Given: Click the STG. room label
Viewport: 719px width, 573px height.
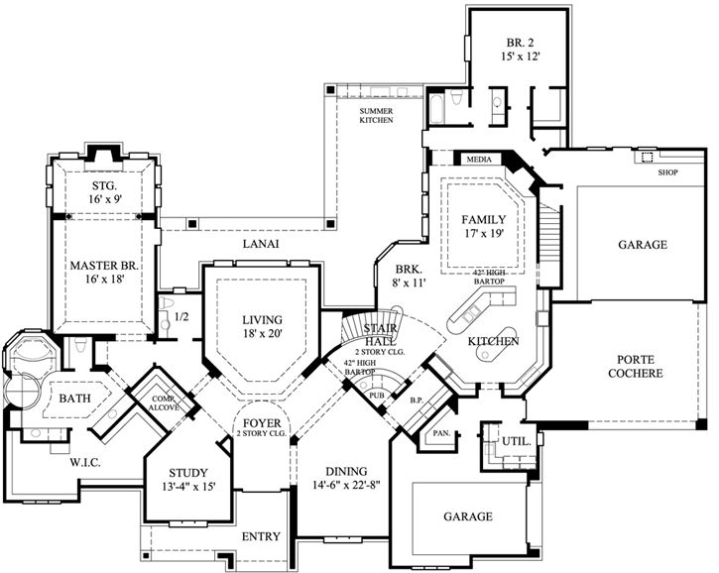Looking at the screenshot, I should tap(104, 185).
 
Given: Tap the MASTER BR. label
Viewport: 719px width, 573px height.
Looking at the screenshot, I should tap(103, 266).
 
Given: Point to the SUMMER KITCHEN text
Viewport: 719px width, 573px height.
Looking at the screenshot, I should tap(377, 115).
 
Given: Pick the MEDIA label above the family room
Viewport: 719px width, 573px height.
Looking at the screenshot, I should tap(480, 159).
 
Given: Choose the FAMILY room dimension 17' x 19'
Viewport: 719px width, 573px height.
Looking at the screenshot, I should tap(484, 235).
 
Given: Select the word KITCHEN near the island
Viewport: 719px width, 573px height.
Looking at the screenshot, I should tap(494, 341).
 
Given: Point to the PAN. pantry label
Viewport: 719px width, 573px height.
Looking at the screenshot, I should tap(439, 433).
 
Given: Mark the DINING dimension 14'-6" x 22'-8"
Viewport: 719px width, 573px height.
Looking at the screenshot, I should tap(345, 486).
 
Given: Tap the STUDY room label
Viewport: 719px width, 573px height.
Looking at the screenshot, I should tap(187, 472).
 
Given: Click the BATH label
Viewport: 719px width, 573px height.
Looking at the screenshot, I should tap(75, 399).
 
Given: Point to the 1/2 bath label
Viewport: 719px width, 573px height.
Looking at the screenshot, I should tap(181, 318).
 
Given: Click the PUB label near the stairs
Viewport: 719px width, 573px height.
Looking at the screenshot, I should tap(376, 395).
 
